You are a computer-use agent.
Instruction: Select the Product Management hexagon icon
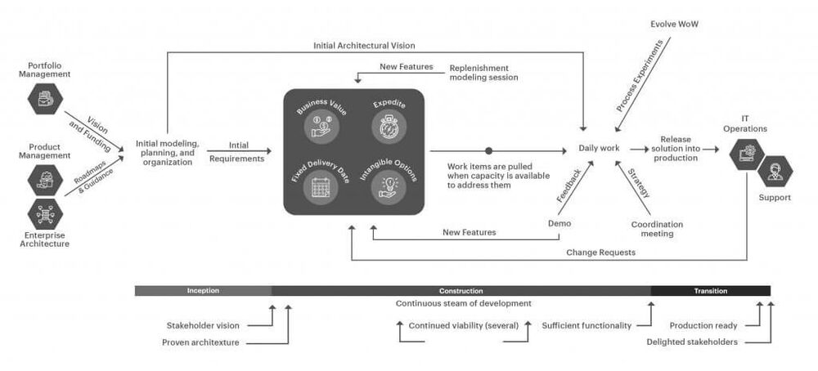click(45, 178)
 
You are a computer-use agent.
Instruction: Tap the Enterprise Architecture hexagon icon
click(45, 213)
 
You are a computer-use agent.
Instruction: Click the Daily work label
click(599, 149)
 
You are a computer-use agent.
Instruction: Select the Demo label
click(559, 223)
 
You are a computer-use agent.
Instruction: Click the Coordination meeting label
click(657, 229)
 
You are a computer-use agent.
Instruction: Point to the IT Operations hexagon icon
click(748, 152)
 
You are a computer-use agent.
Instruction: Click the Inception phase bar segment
click(203, 290)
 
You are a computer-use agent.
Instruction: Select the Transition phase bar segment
click(710, 290)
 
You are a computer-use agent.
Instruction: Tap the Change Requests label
click(601, 253)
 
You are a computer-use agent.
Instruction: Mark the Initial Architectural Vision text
click(370, 46)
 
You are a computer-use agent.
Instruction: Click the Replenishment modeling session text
click(483, 72)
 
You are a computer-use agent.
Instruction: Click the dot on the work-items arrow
click(489, 150)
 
